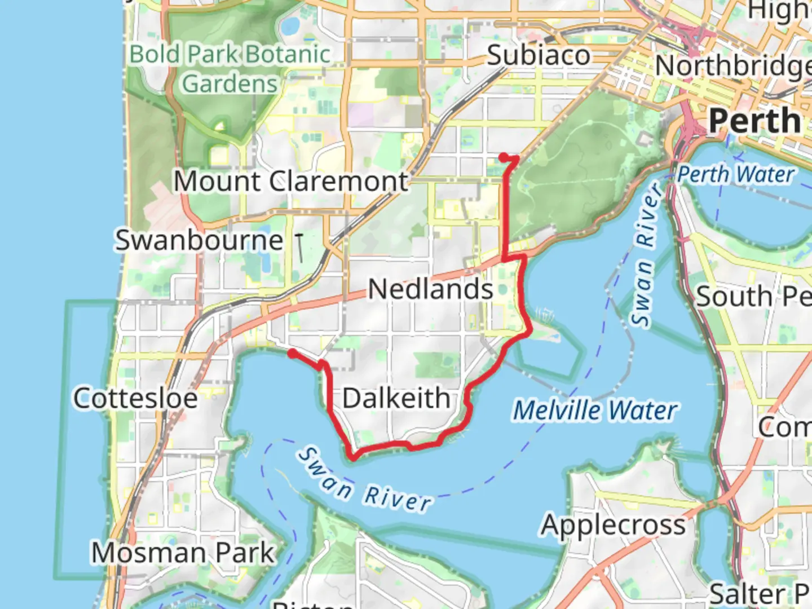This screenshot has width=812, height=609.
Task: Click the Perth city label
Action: click(754, 121)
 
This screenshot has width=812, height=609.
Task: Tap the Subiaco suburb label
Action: click(539, 55)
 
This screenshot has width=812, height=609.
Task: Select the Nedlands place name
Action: click(431, 289)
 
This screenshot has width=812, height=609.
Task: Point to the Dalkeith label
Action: click(396, 398)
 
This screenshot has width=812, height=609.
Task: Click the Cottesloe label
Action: click(136, 398)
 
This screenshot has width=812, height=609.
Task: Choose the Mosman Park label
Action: click(183, 553)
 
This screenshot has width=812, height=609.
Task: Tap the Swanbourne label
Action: click(199, 240)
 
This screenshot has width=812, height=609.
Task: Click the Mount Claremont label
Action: click(290, 182)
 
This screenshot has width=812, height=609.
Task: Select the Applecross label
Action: click(614, 526)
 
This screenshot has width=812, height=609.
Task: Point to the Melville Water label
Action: click(595, 410)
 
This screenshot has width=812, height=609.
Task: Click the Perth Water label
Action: click(736, 174)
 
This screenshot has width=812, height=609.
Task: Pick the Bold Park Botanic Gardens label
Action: click(230, 69)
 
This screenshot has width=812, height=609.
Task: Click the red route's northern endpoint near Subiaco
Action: click(502, 156)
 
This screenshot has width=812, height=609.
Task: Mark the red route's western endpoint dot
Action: click(292, 352)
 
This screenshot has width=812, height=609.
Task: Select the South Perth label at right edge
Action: click(753, 297)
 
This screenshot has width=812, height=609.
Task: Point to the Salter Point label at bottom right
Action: click(759, 593)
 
